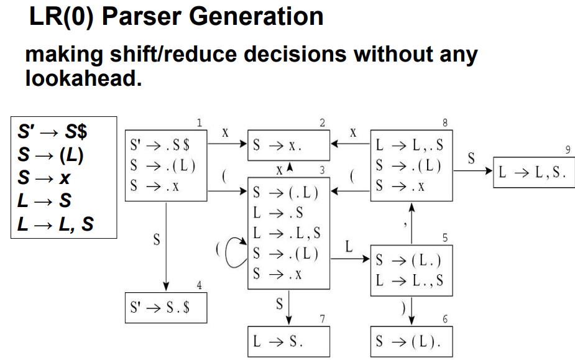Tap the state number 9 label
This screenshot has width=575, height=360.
(x=567, y=150)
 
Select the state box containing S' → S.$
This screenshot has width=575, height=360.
(x=166, y=307)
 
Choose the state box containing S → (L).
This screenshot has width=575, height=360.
(x=411, y=341)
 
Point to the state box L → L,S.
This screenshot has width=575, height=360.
(x=530, y=173)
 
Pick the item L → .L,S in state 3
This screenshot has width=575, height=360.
(x=287, y=234)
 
